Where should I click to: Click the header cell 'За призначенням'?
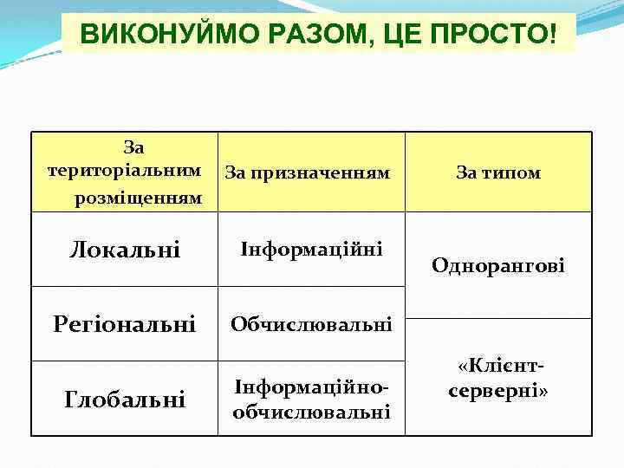coord(308,173)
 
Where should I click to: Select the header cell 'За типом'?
coord(498,173)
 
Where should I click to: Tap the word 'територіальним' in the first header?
coord(125,170)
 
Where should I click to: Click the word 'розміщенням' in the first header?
coord(139,198)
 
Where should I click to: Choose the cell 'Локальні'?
coord(125,250)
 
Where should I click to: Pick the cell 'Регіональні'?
coord(124,325)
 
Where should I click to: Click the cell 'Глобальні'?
coord(125,400)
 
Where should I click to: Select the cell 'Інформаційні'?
coord(311,249)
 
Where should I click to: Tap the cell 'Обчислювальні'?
coord(311,325)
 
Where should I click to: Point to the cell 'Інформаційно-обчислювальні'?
coord(311,400)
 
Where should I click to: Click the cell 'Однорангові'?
coord(498,266)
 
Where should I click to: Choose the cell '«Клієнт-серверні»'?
coord(498,379)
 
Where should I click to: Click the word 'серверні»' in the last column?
coord(498,391)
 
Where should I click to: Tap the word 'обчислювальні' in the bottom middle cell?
coord(311,412)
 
